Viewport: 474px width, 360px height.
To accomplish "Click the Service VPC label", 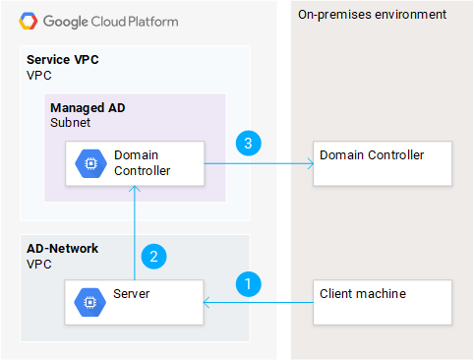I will point(62,60).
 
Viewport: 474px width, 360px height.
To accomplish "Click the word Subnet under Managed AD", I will point(70,123).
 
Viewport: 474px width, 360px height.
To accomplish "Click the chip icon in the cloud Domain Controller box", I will point(89,163).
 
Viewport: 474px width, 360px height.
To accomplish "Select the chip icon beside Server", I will point(89,301).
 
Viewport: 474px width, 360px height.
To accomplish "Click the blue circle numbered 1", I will point(251,283).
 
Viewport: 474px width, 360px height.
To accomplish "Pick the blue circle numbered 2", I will point(153,258).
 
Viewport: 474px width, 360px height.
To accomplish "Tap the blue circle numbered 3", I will point(251,145).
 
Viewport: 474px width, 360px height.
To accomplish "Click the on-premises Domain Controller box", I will point(382,163).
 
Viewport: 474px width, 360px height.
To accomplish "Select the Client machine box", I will point(382,301).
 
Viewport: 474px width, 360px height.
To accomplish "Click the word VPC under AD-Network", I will point(37,264).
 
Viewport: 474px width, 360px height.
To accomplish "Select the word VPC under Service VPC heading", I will point(37,75).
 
